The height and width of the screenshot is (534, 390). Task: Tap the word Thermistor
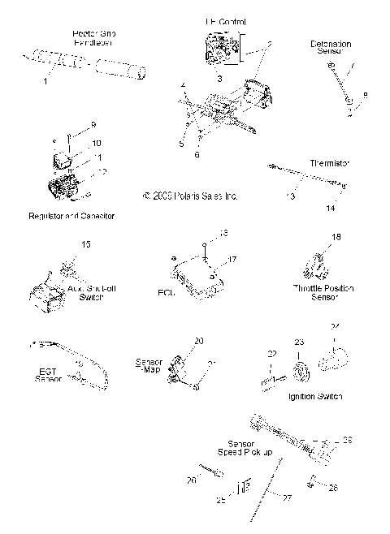pos(329,163)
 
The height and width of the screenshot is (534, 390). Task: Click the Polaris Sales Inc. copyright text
pos(178,196)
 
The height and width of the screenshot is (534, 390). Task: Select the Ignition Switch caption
pos(314,396)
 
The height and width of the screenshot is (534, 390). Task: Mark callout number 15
pos(86,244)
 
